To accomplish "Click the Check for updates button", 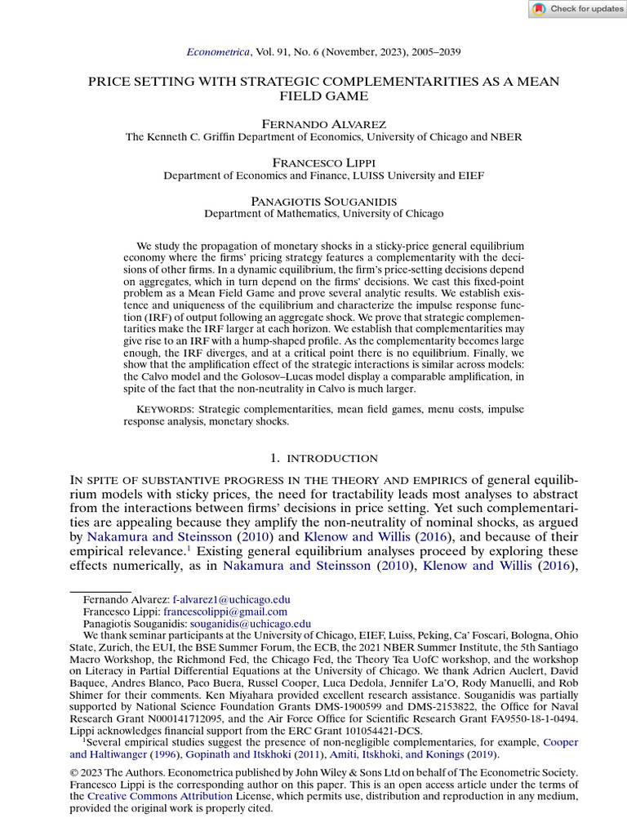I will pyautogui.click(x=576, y=9).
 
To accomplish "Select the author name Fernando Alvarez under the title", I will pyautogui.click(x=313, y=123).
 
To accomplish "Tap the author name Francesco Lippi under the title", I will pyautogui.click(x=313, y=162).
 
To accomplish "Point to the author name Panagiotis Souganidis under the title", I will pyautogui.click(x=313, y=200).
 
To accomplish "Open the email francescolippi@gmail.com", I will pyautogui.click(x=225, y=611).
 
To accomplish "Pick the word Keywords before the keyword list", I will pyautogui.click(x=164, y=409).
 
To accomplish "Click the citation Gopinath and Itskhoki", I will pyautogui.click(x=192, y=754).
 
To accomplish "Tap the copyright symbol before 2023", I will pyautogui.click(x=75, y=772).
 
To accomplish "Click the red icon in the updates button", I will pyautogui.click(x=539, y=9).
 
